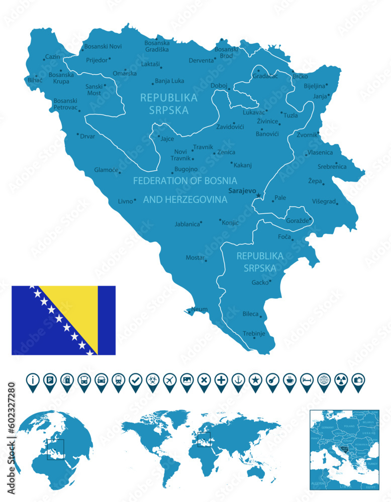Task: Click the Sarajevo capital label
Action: [x=242, y=191]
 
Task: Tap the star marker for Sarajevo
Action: [x=259, y=195]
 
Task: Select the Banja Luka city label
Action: [x=169, y=81]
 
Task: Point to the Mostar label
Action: [x=195, y=258]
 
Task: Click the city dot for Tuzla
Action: [x=281, y=112]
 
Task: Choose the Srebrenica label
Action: [x=332, y=167]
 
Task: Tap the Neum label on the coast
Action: [x=199, y=309]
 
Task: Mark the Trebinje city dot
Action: [x=254, y=338]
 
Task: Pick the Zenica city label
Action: [x=226, y=152]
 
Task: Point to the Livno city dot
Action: [x=135, y=200]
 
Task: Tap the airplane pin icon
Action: [x=169, y=380]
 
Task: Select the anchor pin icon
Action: [x=238, y=380]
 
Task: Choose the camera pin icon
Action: [x=358, y=380]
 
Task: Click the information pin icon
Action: [x=33, y=380]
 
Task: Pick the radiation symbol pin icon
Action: [x=341, y=380]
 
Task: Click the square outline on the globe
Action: [x=55, y=449]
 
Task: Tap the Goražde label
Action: [x=299, y=220]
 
